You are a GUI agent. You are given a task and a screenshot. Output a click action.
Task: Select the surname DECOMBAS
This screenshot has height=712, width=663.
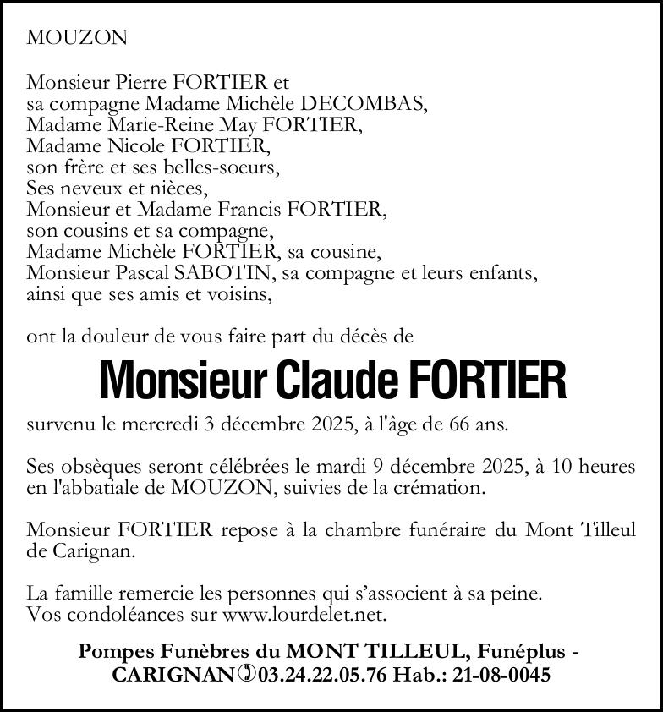[x=354, y=104]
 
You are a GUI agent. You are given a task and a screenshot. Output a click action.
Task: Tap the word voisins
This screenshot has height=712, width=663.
[x=244, y=294]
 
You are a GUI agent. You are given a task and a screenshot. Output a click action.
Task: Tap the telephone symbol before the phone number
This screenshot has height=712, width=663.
[x=246, y=675]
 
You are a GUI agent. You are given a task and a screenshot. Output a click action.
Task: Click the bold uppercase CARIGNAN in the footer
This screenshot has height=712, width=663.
[x=173, y=675]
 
